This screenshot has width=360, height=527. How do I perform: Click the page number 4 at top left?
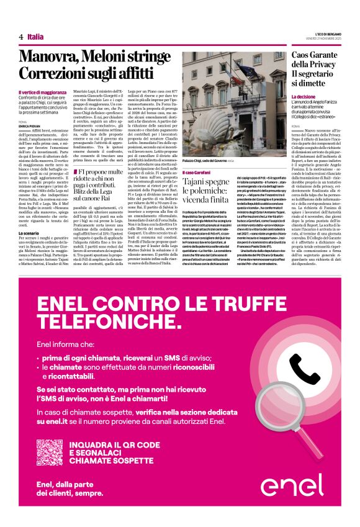click(21, 37)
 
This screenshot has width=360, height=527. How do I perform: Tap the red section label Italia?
click(35, 37)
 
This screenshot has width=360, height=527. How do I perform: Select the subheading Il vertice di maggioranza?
click(41, 92)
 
